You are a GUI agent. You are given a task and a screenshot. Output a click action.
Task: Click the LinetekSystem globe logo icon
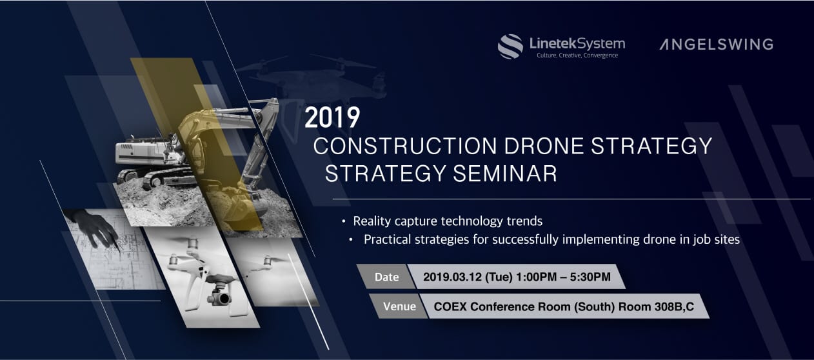[510, 46]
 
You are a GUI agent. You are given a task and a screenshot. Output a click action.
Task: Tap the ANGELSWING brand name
[716, 45]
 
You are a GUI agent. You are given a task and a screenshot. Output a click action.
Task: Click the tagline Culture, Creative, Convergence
[577, 55]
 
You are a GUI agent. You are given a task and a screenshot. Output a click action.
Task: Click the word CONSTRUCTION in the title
[405, 146]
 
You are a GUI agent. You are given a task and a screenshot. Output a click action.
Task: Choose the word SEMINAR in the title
[505, 174]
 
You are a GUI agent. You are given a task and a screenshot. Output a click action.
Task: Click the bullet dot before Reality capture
[343, 221]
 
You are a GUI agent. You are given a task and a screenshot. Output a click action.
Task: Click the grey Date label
[386, 277]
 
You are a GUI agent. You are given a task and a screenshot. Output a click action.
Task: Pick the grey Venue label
[399, 306]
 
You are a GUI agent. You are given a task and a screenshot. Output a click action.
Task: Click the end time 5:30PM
[590, 277]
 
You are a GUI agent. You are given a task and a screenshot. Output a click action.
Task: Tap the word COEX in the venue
[450, 306]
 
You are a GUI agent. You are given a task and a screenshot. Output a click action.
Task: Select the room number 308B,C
[674, 307]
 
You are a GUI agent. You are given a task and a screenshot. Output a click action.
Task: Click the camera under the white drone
[219, 297]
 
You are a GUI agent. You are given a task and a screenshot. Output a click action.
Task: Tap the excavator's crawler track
[160, 178]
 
